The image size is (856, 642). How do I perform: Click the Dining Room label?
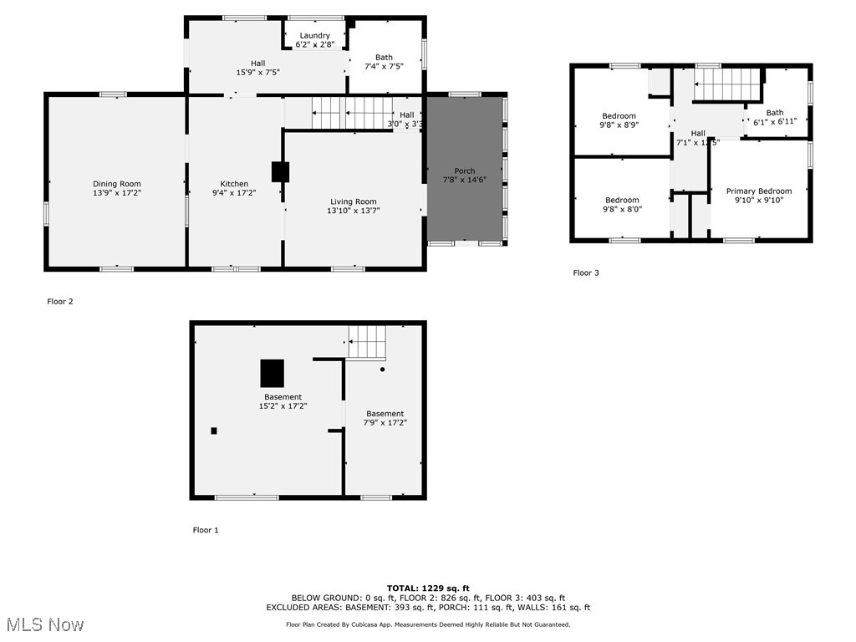click(116, 184)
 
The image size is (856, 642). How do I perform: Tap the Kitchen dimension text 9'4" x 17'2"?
click(234, 193)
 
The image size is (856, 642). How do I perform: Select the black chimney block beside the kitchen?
click(280, 171)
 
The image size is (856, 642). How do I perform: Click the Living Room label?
click(353, 201)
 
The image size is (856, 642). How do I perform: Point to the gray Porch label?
click(464, 171)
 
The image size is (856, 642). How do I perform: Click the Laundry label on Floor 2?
click(314, 35)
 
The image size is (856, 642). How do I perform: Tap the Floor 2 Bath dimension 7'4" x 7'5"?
click(384, 66)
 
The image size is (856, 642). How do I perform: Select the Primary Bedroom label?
click(758, 191)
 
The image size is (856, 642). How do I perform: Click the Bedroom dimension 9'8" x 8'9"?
click(619, 125)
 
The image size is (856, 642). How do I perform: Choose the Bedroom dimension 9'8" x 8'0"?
click(622, 209)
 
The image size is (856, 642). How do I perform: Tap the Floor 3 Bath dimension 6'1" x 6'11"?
click(775, 120)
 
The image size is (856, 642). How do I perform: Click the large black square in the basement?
click(272, 372)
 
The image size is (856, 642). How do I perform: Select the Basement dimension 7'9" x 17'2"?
click(385, 423)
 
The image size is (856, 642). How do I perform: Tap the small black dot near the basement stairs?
click(383, 369)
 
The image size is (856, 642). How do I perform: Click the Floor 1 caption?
click(206, 530)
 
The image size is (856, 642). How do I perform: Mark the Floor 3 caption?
click(586, 273)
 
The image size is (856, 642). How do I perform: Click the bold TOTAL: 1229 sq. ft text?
click(427, 588)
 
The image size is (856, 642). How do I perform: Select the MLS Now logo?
click(43, 624)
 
